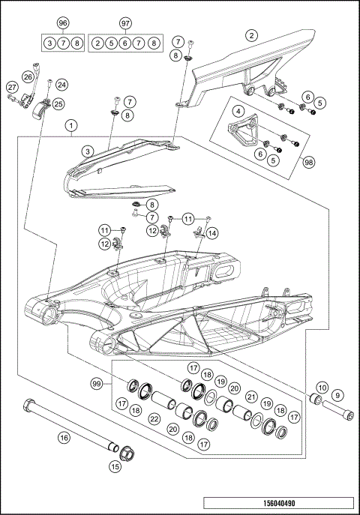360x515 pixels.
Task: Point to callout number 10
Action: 321,388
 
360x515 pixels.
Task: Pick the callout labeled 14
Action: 212,233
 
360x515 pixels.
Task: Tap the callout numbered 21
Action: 252,397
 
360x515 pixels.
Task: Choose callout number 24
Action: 61,85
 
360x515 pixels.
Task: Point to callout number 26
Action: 28,76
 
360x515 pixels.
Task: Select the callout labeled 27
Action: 11,88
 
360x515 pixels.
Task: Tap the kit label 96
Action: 62,23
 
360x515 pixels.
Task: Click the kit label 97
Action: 125,23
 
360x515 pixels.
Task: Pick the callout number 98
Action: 308,161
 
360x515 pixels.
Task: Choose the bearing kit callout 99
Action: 96,384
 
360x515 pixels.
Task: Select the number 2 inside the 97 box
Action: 97,43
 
